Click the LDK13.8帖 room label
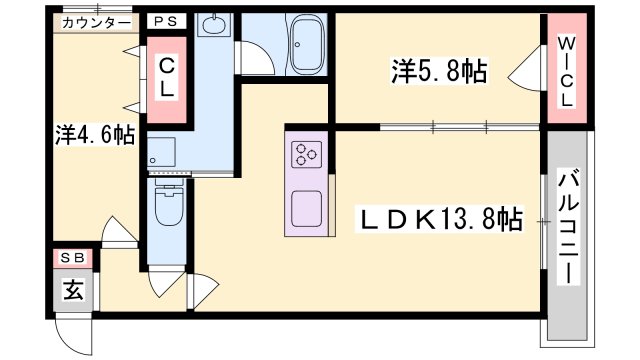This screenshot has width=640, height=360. point(439,219)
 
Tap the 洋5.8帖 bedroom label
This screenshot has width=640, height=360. point(440,71)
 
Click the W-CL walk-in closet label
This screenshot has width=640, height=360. point(566,71)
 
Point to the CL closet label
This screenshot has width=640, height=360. point(167,78)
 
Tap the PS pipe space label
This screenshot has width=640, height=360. point(166,21)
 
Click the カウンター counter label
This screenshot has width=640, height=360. point(96,23)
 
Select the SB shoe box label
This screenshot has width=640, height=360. point(73,258)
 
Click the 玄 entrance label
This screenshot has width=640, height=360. point(73,290)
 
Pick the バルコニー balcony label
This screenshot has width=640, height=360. point(569,227)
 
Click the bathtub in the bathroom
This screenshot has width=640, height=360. point(307,44)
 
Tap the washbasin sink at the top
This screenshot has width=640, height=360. point(212,24)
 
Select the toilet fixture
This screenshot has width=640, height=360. point(169,204)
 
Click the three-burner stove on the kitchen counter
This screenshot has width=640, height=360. point(307,154)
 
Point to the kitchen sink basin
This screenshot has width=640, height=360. point(307,208)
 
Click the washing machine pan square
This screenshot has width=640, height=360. point(162,151)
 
